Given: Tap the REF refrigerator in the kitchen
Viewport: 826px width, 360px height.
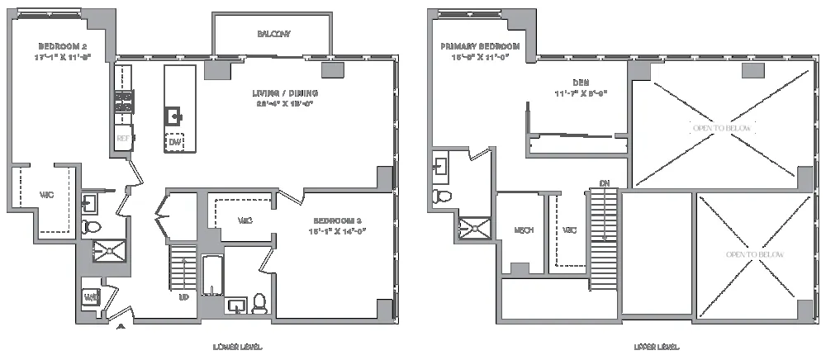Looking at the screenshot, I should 123,138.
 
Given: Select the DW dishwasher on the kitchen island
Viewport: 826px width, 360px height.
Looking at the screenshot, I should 174,142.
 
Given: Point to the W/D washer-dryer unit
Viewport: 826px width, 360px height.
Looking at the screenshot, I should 91,297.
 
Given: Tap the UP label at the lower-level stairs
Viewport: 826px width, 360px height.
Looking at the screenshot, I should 184,296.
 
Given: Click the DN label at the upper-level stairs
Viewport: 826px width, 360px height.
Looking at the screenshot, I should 605,182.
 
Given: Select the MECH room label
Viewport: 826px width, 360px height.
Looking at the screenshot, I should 521,230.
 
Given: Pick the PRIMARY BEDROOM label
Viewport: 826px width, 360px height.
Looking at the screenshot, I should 480,46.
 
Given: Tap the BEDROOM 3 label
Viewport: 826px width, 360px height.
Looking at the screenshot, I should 339,220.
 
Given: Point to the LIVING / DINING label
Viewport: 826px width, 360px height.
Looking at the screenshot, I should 286,93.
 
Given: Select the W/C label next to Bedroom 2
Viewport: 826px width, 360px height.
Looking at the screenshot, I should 47,196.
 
